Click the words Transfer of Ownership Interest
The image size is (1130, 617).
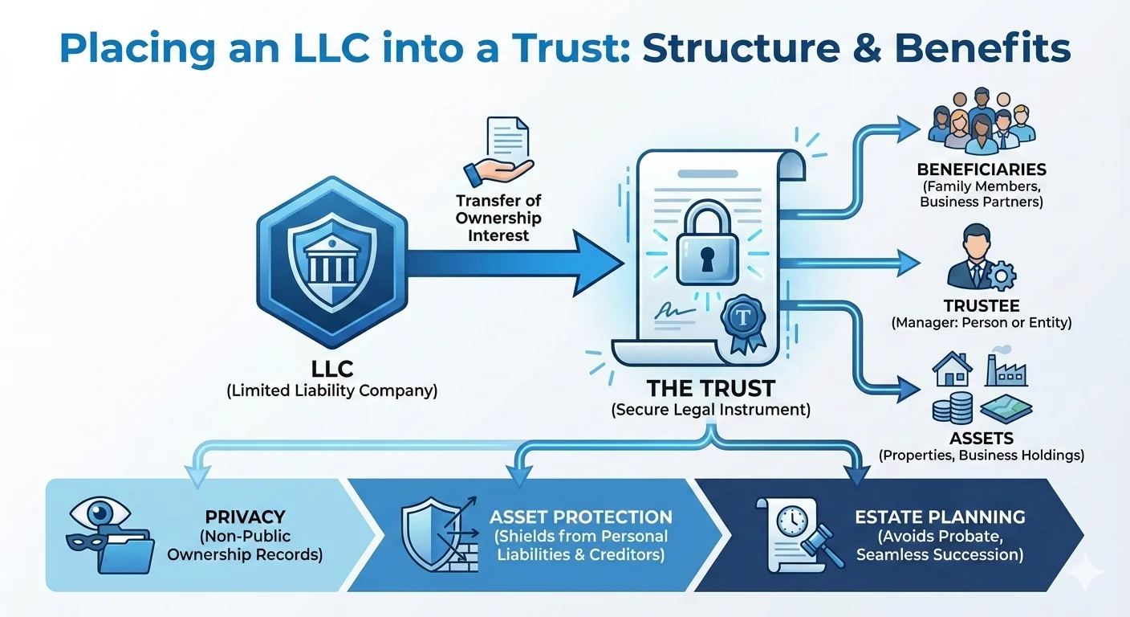[498, 218]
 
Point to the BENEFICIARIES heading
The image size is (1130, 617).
[981, 170]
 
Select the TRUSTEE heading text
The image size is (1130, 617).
[981, 306]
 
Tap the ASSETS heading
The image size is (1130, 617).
[981, 439]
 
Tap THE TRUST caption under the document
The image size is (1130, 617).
[710, 389]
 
